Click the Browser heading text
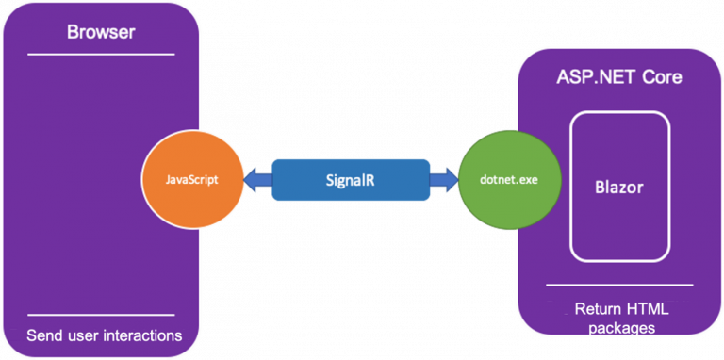(x=101, y=33)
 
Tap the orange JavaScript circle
(x=191, y=178)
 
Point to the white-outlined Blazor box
(x=619, y=187)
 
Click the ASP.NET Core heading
(x=618, y=76)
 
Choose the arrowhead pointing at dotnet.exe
(x=442, y=178)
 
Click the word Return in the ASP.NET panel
(x=597, y=309)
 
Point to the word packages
(x=619, y=328)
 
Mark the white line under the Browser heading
(x=101, y=55)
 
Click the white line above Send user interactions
(x=101, y=315)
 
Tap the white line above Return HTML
(x=619, y=285)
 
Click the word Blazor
(x=619, y=187)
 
